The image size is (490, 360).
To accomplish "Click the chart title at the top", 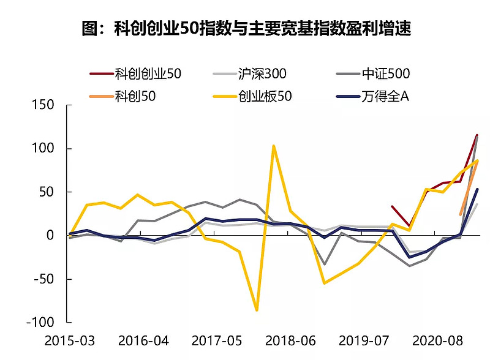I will tap(245, 29).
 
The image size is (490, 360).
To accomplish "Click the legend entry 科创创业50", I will tap(148, 74).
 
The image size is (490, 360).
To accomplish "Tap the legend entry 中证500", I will tap(385, 74).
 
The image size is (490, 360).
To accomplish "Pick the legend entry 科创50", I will tap(135, 96).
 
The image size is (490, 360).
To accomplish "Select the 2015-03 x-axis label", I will tap(69, 340).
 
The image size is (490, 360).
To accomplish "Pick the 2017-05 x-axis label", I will tap(216, 340).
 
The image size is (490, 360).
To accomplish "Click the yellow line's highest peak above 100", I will tap(274, 146).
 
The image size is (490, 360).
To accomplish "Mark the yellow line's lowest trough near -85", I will tap(257, 310).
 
